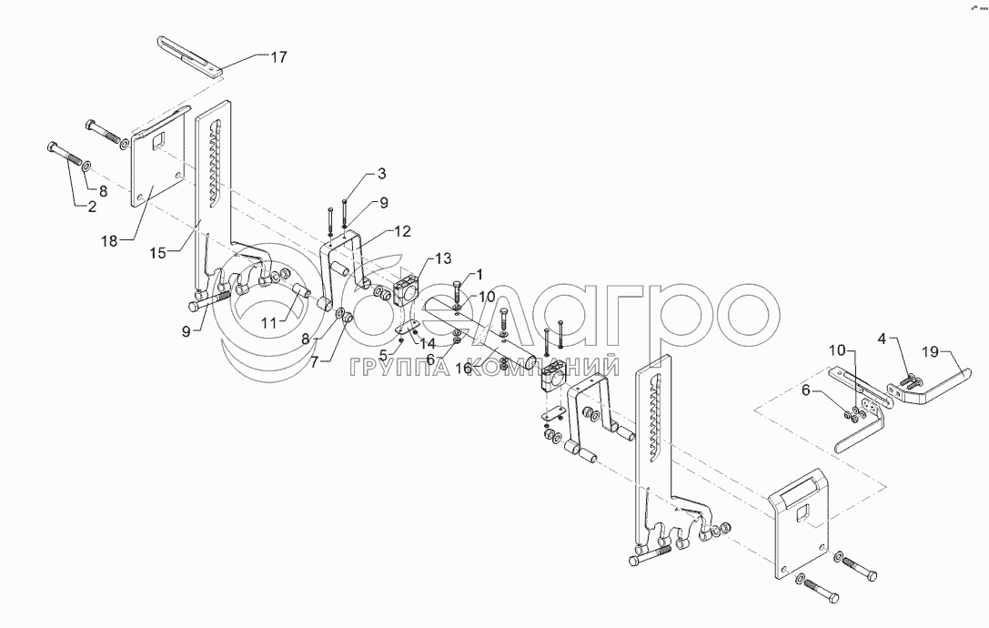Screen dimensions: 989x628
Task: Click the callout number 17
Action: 278,57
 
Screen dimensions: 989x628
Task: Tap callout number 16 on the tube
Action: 463,368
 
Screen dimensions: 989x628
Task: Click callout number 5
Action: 384,353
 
